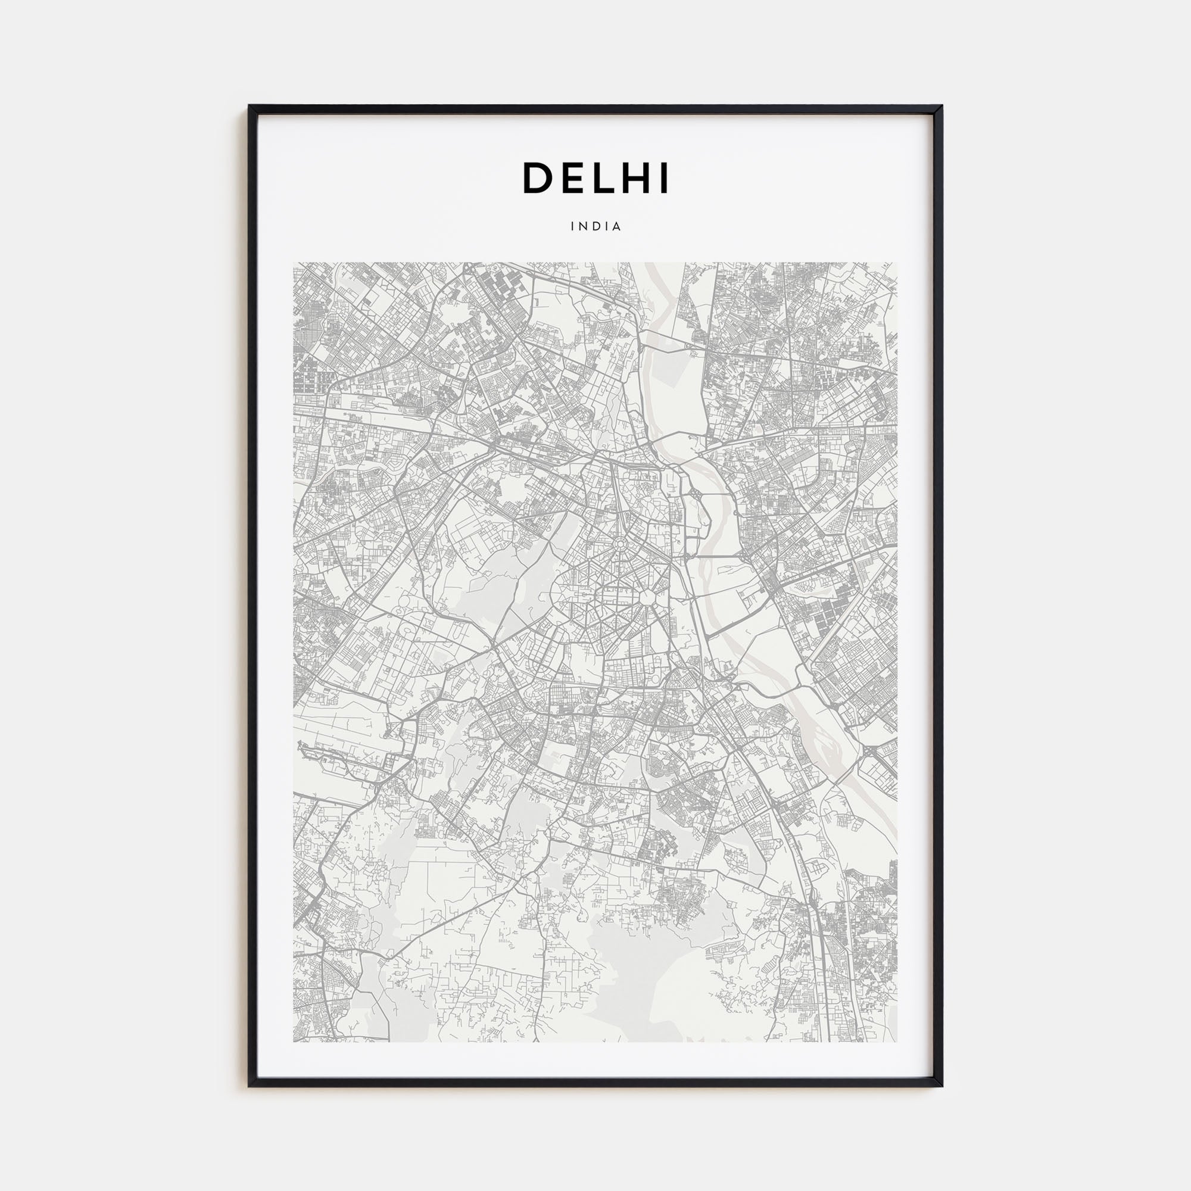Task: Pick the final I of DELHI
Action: (x=665, y=178)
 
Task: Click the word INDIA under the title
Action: (x=595, y=226)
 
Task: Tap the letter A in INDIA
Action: (x=617, y=226)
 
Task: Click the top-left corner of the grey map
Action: (x=294, y=263)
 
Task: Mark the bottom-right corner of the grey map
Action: (x=897, y=1042)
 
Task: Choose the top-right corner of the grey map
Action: (x=897, y=263)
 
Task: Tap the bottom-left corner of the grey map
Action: (x=294, y=1042)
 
